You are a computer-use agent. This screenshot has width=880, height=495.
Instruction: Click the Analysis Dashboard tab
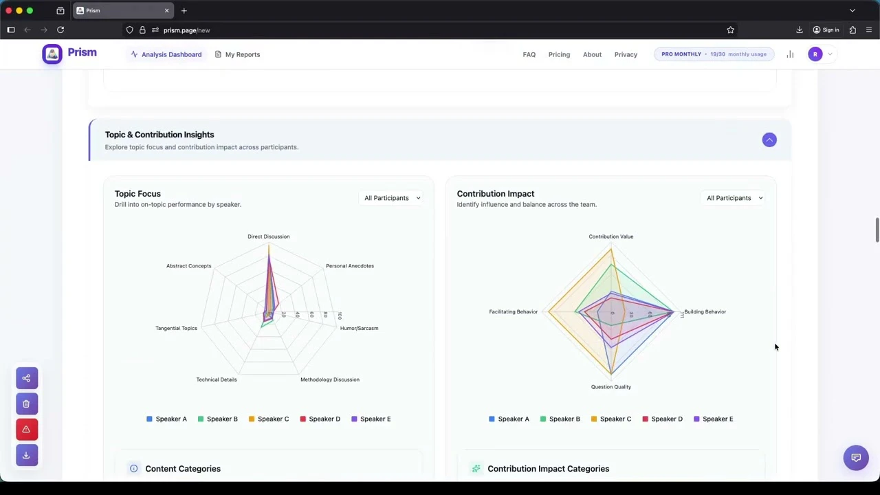click(166, 54)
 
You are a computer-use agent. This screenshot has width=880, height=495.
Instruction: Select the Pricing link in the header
click(559, 54)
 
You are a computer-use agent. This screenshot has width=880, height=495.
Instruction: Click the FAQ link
click(529, 54)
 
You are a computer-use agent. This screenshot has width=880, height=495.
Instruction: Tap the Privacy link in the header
click(626, 54)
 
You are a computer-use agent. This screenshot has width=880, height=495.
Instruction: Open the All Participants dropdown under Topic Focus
click(392, 198)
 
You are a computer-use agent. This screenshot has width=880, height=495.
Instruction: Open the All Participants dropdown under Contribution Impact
click(734, 198)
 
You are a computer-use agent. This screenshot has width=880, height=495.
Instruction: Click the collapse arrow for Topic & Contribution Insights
click(769, 140)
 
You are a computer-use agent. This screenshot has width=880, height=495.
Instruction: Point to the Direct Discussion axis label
click(268, 236)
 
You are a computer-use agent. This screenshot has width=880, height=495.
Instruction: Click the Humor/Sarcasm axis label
click(359, 328)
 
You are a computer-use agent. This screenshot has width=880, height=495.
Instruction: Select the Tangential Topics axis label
click(176, 328)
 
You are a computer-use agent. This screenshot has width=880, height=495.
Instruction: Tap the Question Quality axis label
click(610, 387)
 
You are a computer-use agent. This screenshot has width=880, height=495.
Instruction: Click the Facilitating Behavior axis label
click(513, 311)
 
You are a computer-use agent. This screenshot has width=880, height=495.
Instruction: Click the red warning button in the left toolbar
click(26, 430)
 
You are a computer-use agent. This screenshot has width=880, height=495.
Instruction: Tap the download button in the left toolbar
click(26, 455)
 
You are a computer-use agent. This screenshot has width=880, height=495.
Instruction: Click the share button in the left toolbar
click(26, 378)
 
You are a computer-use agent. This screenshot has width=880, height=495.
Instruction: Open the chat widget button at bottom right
click(856, 458)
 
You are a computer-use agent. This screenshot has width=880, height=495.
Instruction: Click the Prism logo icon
click(52, 54)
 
